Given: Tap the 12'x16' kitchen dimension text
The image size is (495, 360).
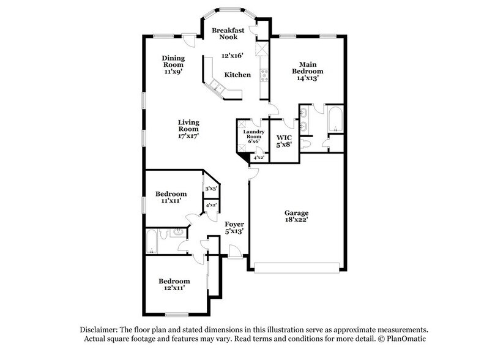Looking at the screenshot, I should tap(233, 56).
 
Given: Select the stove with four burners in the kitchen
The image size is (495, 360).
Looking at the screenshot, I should tap(264, 75).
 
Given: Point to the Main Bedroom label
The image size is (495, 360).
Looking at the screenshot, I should tap(311, 67).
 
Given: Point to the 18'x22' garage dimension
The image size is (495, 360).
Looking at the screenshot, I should tap(296, 220).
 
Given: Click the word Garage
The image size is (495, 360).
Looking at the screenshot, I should tap(296, 213).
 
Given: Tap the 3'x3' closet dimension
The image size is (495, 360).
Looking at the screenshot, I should tap(212, 189).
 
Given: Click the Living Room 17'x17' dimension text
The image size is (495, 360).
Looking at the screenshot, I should tap(188, 137).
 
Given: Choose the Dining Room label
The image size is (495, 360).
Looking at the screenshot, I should tap(173, 61).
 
